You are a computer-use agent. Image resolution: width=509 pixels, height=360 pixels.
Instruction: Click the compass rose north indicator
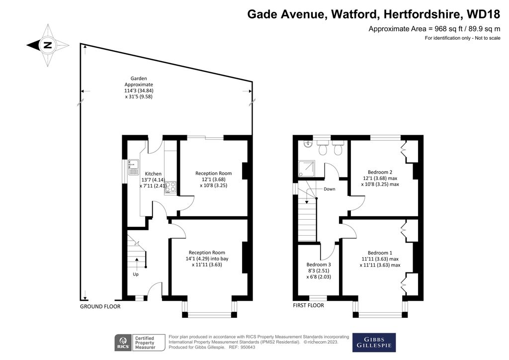pos(47,45)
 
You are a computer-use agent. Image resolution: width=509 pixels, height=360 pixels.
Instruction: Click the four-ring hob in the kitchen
pos(170,187)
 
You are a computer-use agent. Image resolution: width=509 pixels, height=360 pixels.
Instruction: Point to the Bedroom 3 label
pos(318,270)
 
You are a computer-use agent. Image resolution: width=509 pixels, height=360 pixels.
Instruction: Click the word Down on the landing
pos(329,189)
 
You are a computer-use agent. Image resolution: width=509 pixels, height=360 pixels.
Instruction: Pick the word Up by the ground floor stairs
pos(136,274)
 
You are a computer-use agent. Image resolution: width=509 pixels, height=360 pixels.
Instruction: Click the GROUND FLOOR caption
pos(100,307)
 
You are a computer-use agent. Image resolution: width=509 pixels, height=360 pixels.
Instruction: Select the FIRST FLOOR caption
pos(308,305)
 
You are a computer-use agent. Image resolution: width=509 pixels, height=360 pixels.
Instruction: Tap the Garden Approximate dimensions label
pos(139,88)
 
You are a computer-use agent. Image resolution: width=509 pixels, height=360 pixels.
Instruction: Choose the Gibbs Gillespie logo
pos(374,342)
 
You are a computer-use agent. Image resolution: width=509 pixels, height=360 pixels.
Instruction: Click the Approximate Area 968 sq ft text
pos(434,29)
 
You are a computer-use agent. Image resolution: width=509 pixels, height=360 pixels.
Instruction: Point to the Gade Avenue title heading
pos(374,13)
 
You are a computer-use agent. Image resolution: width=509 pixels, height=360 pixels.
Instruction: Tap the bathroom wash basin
pos(308,147)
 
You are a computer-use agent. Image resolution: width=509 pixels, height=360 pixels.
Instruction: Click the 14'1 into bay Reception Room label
pos(206,259)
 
